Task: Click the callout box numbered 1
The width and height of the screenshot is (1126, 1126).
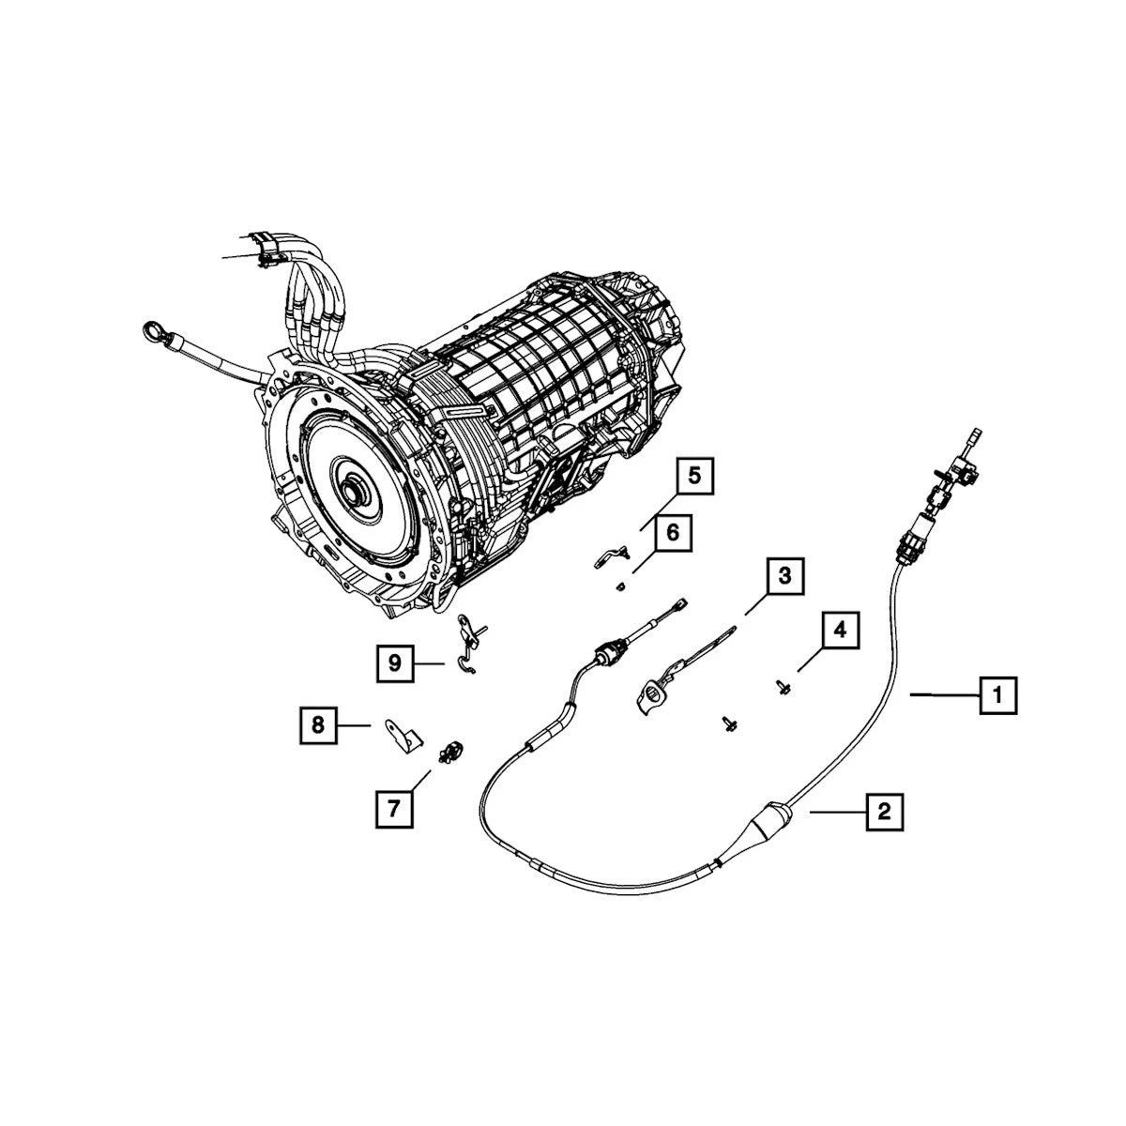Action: [998, 695]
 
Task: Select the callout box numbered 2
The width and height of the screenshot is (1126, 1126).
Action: [884, 812]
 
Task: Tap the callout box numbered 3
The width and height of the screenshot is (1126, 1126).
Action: [784, 577]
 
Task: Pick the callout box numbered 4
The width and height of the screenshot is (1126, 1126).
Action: [840, 631]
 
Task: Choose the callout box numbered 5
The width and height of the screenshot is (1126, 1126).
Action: [694, 477]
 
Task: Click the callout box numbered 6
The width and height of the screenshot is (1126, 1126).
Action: [673, 533]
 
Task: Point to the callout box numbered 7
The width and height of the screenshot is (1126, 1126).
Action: [394, 809]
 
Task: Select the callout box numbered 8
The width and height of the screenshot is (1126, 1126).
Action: [318, 725]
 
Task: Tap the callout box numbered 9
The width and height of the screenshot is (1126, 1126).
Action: [395, 663]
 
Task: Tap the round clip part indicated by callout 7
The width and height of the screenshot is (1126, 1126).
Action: [450, 751]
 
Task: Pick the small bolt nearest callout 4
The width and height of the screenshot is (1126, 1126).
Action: [781, 687]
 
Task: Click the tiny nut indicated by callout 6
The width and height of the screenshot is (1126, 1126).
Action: [621, 586]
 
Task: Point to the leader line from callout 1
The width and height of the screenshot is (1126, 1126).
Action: [945, 694]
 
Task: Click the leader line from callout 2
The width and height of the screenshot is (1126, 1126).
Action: [838, 812]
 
